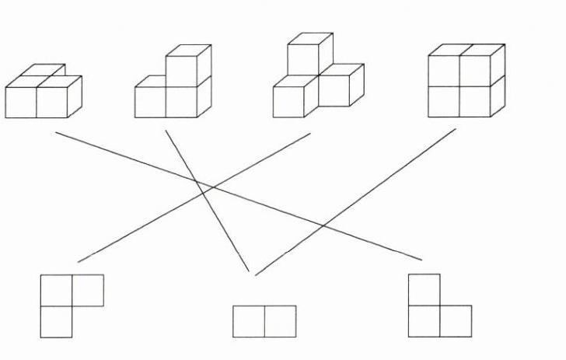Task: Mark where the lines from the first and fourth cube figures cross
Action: click(323, 226)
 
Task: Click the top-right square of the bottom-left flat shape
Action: click(88, 290)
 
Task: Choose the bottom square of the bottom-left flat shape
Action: click(56, 322)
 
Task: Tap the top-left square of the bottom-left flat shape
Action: click(56, 290)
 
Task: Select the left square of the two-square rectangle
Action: click(249, 321)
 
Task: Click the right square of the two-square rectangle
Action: click(280, 321)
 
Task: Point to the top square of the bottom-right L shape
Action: click(424, 289)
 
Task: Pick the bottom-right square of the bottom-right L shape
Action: click(456, 321)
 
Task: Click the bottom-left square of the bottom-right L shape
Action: click(424, 321)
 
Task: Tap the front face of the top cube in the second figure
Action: click(180, 71)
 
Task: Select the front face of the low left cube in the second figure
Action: click(150, 102)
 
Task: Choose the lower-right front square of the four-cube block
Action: click(474, 101)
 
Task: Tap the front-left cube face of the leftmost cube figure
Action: click(21, 102)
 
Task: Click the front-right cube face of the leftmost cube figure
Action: click(52, 102)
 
